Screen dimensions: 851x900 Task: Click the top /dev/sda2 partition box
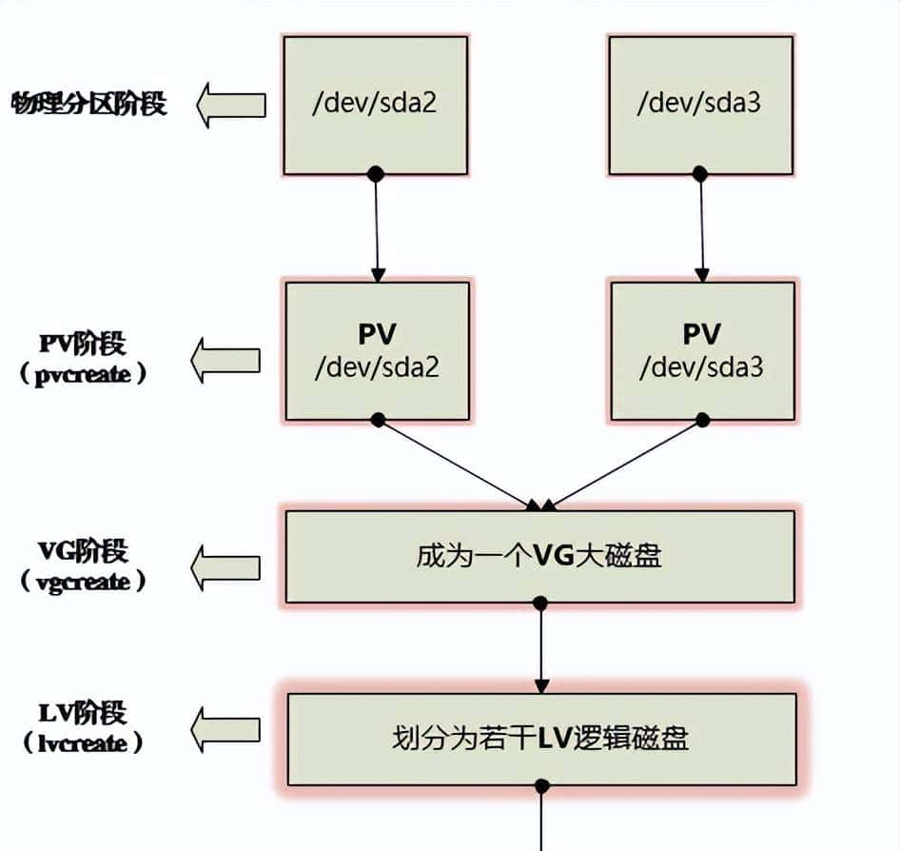coord(375,105)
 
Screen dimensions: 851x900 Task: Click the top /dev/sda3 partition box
coord(700,105)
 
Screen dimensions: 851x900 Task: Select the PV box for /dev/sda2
coord(376,350)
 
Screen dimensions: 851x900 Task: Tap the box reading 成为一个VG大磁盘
coord(539,557)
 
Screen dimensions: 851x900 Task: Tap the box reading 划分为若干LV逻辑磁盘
coord(541,739)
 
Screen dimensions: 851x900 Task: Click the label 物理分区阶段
coord(88,103)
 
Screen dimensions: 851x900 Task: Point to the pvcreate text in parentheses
coord(84,374)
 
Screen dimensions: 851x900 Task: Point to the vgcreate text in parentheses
coord(84,582)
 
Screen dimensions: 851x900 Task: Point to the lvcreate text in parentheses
coord(84,743)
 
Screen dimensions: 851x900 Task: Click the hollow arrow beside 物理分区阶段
coord(231,105)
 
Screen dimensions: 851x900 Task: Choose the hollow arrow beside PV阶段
coord(225,360)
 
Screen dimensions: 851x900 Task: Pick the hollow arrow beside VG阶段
coord(225,568)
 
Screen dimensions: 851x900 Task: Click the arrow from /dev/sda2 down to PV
coord(377,227)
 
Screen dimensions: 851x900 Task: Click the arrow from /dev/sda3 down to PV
coord(702,227)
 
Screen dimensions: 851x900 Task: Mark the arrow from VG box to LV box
coord(541,647)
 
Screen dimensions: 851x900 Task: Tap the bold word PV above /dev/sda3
coord(701,334)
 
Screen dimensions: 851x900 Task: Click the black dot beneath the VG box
coord(540,603)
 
